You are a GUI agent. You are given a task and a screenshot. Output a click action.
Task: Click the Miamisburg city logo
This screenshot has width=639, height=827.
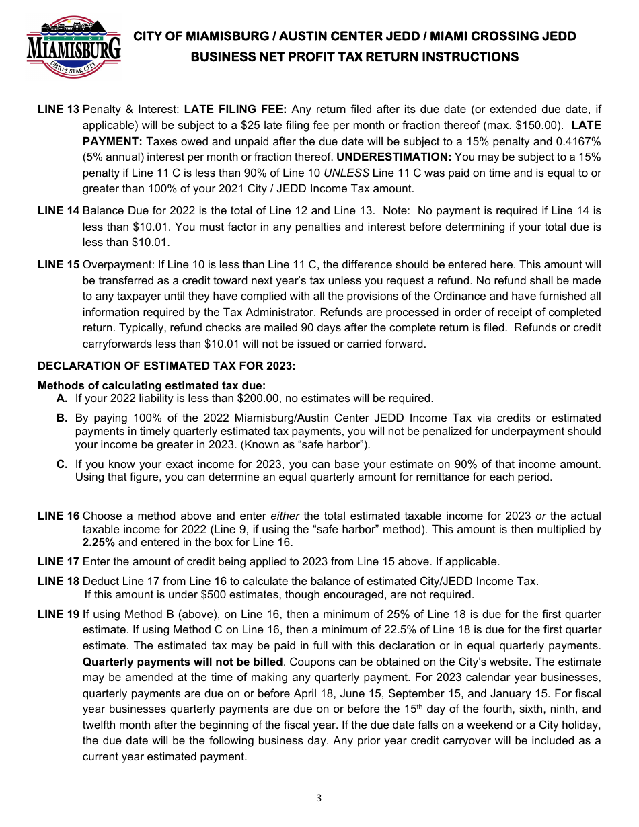point(74,47)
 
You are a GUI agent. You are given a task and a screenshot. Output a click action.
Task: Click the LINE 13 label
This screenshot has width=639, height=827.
point(59,109)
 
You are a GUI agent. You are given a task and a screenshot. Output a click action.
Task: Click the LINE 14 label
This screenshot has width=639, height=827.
point(59,211)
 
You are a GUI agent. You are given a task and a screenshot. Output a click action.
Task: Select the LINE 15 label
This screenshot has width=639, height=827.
point(59,265)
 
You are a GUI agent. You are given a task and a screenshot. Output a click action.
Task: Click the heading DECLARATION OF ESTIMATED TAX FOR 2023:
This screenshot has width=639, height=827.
point(166,366)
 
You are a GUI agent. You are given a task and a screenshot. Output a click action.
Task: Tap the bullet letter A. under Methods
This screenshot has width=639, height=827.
point(62,398)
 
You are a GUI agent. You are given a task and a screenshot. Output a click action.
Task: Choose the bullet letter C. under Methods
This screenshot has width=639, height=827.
point(62,464)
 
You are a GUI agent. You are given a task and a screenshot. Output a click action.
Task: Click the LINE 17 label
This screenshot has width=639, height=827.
point(59,561)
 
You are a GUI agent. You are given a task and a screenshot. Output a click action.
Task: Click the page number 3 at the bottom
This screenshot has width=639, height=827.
point(319,798)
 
